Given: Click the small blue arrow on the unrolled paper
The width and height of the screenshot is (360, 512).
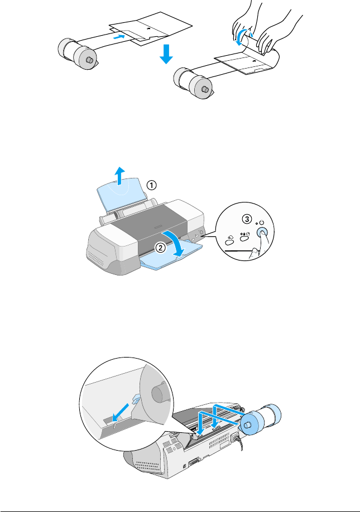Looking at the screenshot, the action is click(x=119, y=37).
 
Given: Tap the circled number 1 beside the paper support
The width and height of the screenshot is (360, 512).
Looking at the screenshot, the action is click(x=151, y=186).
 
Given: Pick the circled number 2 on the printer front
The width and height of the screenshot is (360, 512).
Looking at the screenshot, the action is click(x=160, y=248).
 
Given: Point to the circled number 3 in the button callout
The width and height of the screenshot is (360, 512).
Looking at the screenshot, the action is click(x=247, y=219).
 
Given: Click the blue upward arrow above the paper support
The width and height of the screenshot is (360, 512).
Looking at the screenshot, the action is click(x=121, y=176).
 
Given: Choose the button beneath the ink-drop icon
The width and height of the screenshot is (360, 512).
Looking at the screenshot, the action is click(x=244, y=239).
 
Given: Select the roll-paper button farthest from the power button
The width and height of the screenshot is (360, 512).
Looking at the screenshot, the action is click(x=229, y=242).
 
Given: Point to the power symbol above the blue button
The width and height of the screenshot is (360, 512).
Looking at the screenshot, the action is click(x=261, y=223).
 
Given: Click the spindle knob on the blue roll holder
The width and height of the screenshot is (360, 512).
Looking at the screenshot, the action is click(x=248, y=424).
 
